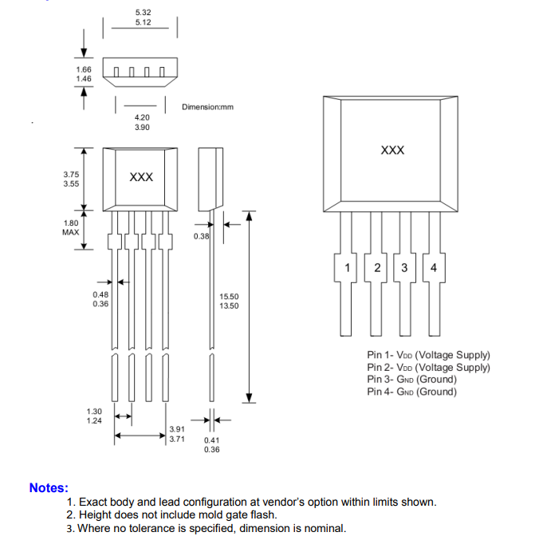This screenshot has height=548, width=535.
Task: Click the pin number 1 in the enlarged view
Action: click(347, 268)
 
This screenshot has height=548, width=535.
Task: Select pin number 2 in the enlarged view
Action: click(377, 268)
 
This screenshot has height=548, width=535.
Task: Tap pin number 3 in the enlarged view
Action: click(404, 268)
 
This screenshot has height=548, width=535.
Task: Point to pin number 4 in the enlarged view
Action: click(434, 268)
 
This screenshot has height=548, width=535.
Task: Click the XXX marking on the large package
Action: click(392, 150)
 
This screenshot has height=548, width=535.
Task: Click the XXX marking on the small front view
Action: click(141, 177)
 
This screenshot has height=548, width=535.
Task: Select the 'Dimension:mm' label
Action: click(207, 107)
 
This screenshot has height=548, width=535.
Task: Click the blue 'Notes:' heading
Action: click(49, 487)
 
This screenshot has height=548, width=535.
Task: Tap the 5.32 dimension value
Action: click(144, 13)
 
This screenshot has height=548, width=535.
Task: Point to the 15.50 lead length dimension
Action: click(229, 297)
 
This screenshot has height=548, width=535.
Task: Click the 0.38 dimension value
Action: click(201, 236)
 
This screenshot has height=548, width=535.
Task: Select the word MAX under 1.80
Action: click(71, 232)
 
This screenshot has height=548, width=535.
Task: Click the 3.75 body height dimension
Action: click(71, 174)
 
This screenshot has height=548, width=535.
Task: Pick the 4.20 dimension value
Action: click(142, 117)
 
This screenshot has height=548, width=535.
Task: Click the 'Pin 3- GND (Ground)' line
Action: click(411, 379)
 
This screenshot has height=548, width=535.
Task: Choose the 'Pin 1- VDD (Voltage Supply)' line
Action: click(428, 355)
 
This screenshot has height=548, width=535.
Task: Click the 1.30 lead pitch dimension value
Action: click(94, 412)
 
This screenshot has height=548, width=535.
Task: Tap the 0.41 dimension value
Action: click(212, 440)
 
